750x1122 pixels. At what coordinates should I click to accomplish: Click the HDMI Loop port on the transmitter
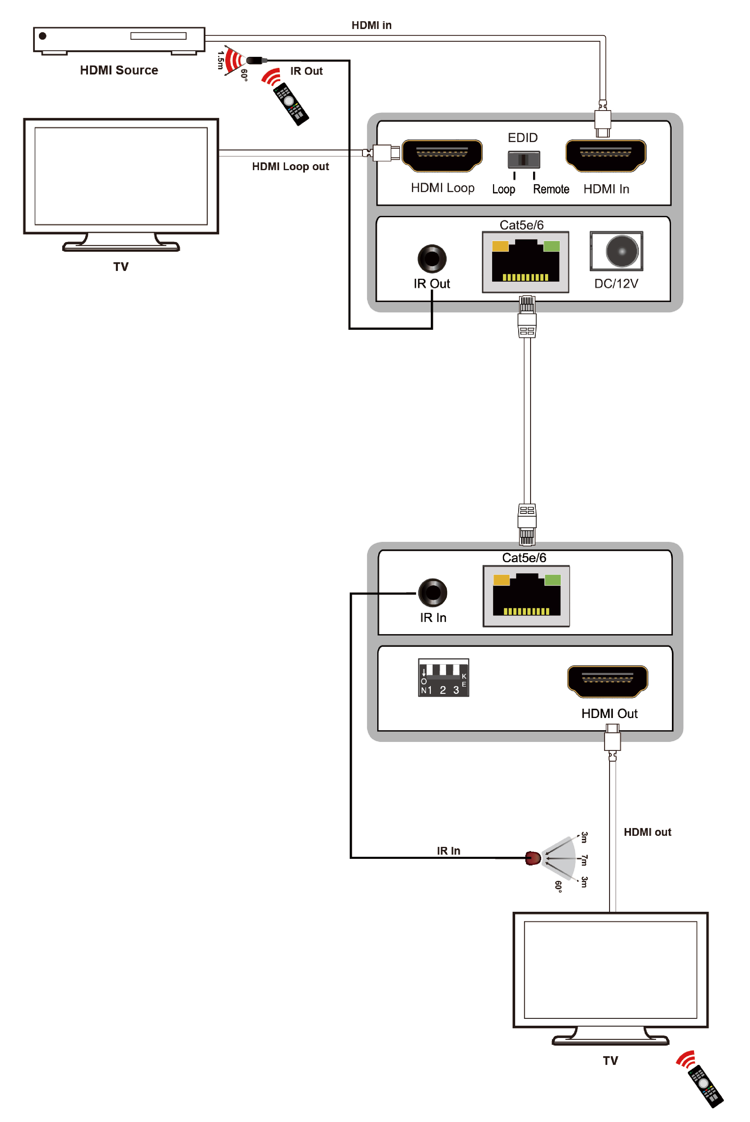pyautogui.click(x=442, y=156)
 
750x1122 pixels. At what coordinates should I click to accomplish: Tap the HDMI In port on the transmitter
pyautogui.click(x=606, y=156)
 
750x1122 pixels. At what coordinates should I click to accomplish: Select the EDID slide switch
pyautogui.click(x=524, y=159)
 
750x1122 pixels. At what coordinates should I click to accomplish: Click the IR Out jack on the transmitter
pyautogui.click(x=432, y=259)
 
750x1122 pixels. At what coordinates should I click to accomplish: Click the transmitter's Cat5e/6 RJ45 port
pyautogui.click(x=525, y=262)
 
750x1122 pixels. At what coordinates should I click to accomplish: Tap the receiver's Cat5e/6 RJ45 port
pyautogui.click(x=526, y=596)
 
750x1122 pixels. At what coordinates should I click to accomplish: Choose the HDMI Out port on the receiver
pyautogui.click(x=608, y=681)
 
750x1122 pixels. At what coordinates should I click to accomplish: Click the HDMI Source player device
pyautogui.click(x=119, y=40)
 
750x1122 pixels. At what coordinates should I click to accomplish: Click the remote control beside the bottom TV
pyautogui.click(x=705, y=1086)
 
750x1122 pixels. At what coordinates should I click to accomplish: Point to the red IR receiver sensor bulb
pyautogui.click(x=533, y=858)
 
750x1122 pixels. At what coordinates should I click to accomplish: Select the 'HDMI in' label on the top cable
pyautogui.click(x=371, y=25)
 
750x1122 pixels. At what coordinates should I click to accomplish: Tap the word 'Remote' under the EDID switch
pyautogui.click(x=551, y=189)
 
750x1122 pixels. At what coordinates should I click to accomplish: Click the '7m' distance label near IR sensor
pyautogui.click(x=584, y=860)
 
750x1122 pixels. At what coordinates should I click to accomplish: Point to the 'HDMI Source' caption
pyautogui.click(x=119, y=70)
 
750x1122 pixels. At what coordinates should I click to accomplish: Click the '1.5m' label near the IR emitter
pyautogui.click(x=220, y=60)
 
